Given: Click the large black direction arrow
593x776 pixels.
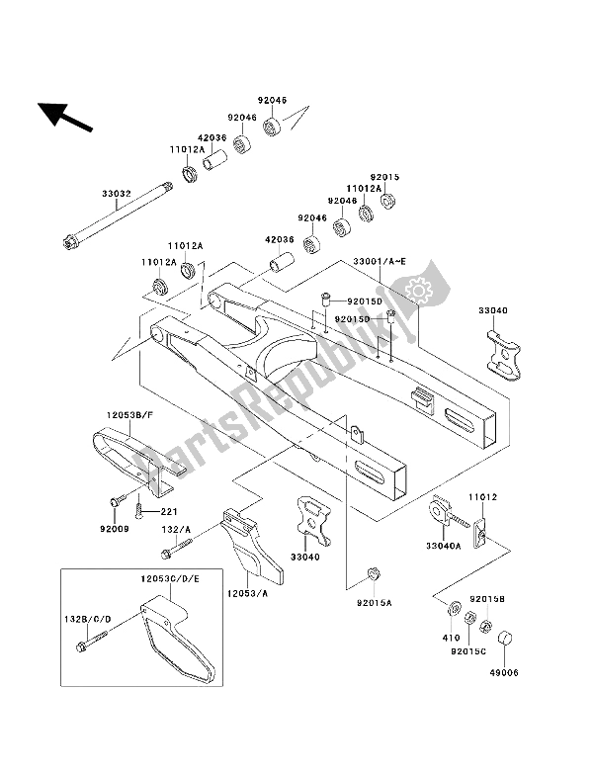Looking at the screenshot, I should pos(60,119).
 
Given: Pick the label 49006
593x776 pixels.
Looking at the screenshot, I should pos(506,674).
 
